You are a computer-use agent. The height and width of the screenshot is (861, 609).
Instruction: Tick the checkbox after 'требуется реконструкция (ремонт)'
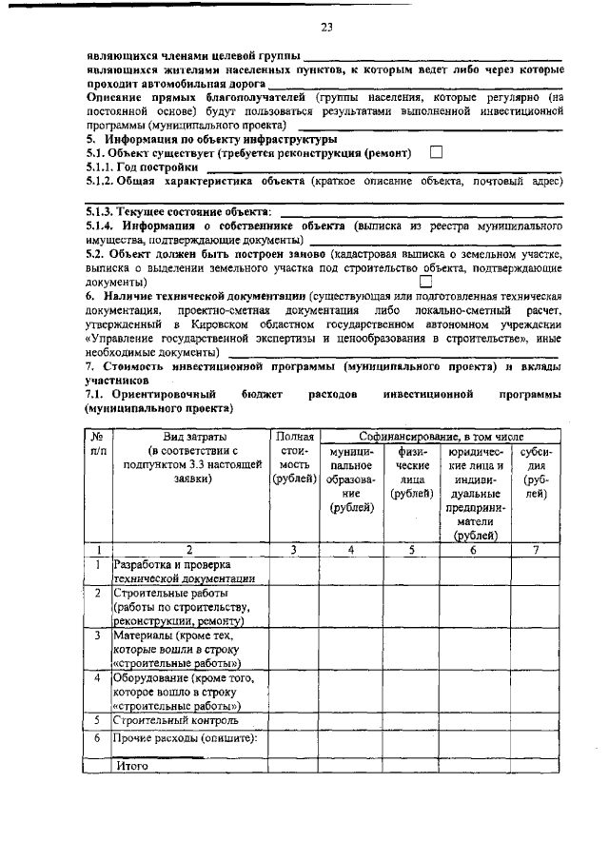pos(437,151)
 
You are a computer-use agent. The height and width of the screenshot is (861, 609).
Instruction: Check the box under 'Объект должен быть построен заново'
pos(426,282)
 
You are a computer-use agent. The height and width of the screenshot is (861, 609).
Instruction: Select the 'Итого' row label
pos(132,765)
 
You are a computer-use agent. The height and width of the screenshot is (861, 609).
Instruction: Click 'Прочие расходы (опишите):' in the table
pos(186,737)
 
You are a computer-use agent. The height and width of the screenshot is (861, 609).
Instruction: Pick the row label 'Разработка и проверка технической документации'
pos(184,571)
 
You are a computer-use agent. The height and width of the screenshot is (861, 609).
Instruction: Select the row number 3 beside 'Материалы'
pos(97,635)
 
